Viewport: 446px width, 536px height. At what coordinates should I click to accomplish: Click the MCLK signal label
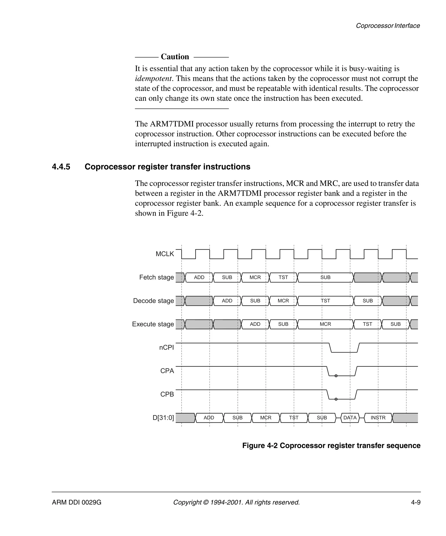click(165, 254)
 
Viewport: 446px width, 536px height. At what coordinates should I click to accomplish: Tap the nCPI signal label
click(166, 348)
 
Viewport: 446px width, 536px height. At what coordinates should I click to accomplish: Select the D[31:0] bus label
click(163, 418)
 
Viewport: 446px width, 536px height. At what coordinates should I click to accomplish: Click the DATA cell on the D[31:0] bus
click(350, 418)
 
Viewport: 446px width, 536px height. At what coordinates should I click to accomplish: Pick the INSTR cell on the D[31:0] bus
click(378, 418)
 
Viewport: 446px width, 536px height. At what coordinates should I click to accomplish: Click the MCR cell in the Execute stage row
click(325, 324)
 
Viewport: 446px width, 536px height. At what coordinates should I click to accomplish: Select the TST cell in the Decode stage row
click(325, 301)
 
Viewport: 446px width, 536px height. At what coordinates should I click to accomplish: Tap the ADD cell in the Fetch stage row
click(199, 277)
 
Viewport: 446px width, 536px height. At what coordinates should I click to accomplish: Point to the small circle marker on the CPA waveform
click(336, 376)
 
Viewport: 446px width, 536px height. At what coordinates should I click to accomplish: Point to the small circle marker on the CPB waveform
click(336, 399)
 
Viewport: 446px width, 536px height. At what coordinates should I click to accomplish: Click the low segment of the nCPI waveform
click(344, 352)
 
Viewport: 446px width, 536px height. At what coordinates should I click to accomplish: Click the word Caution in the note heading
click(175, 57)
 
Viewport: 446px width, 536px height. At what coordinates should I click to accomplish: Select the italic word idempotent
click(153, 78)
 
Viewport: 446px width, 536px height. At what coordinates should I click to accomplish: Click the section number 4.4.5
click(61, 167)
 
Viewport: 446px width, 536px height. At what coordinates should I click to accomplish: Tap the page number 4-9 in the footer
click(416, 502)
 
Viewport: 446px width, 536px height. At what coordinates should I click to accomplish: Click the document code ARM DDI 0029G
click(77, 502)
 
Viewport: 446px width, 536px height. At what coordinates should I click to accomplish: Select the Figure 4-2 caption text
click(331, 445)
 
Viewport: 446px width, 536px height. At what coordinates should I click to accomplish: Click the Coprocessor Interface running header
click(388, 26)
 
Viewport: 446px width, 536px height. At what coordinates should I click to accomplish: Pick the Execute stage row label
click(153, 324)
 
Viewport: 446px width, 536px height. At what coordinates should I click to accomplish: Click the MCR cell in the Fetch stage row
click(255, 277)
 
